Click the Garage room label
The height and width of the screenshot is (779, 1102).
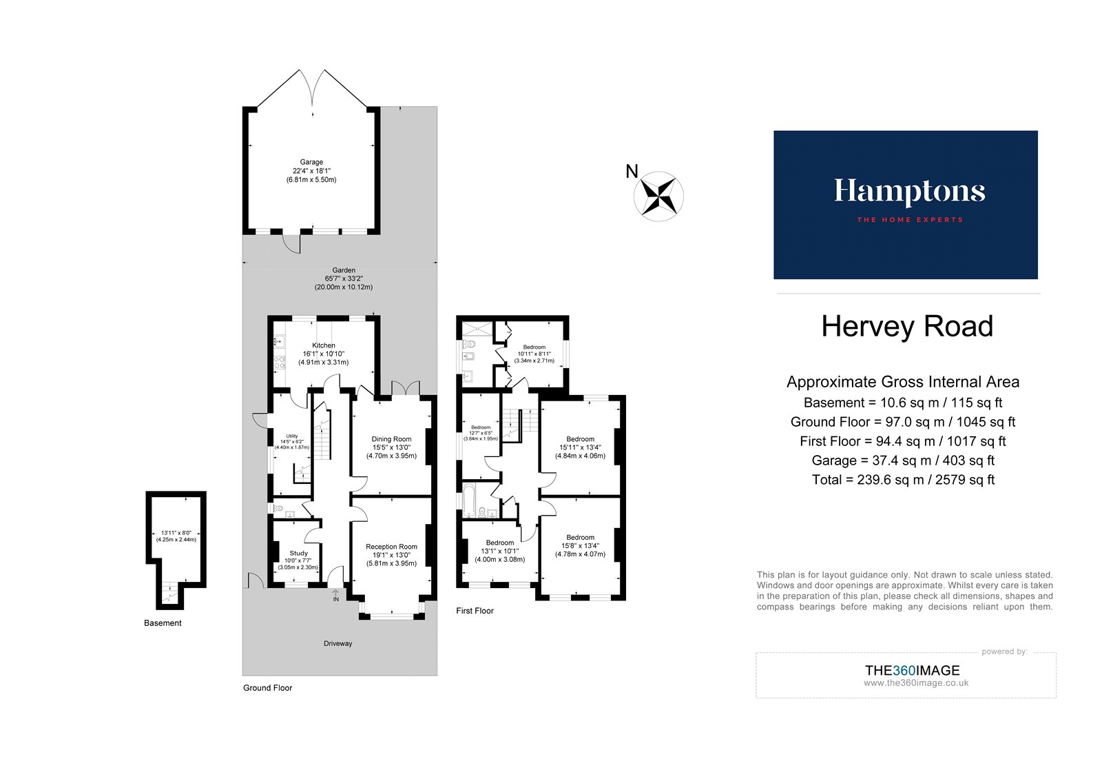click(x=311, y=162)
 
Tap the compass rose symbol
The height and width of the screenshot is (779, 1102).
click(x=658, y=196)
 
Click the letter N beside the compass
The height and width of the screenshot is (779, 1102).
click(x=632, y=172)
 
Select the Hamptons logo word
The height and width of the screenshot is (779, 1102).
click(x=909, y=192)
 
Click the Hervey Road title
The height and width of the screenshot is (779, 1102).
click(x=906, y=327)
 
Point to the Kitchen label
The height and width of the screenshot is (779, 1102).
click(x=323, y=345)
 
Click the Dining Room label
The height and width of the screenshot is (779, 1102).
click(x=391, y=439)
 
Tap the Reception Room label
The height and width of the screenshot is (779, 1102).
click(x=391, y=547)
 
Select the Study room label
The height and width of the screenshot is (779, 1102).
click(x=298, y=554)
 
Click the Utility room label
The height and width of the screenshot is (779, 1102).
click(x=292, y=436)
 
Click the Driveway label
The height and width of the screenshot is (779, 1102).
click(x=337, y=644)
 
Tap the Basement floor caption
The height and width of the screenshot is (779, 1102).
click(x=163, y=623)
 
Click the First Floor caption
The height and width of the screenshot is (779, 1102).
click(x=475, y=611)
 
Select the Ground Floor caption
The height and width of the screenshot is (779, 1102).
click(x=267, y=688)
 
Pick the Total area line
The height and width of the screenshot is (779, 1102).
click(x=903, y=480)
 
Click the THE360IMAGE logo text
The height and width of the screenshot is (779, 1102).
click(x=912, y=670)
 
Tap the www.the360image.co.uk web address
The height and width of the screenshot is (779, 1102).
click(x=916, y=683)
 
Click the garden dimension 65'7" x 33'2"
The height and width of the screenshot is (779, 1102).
click(x=344, y=279)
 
